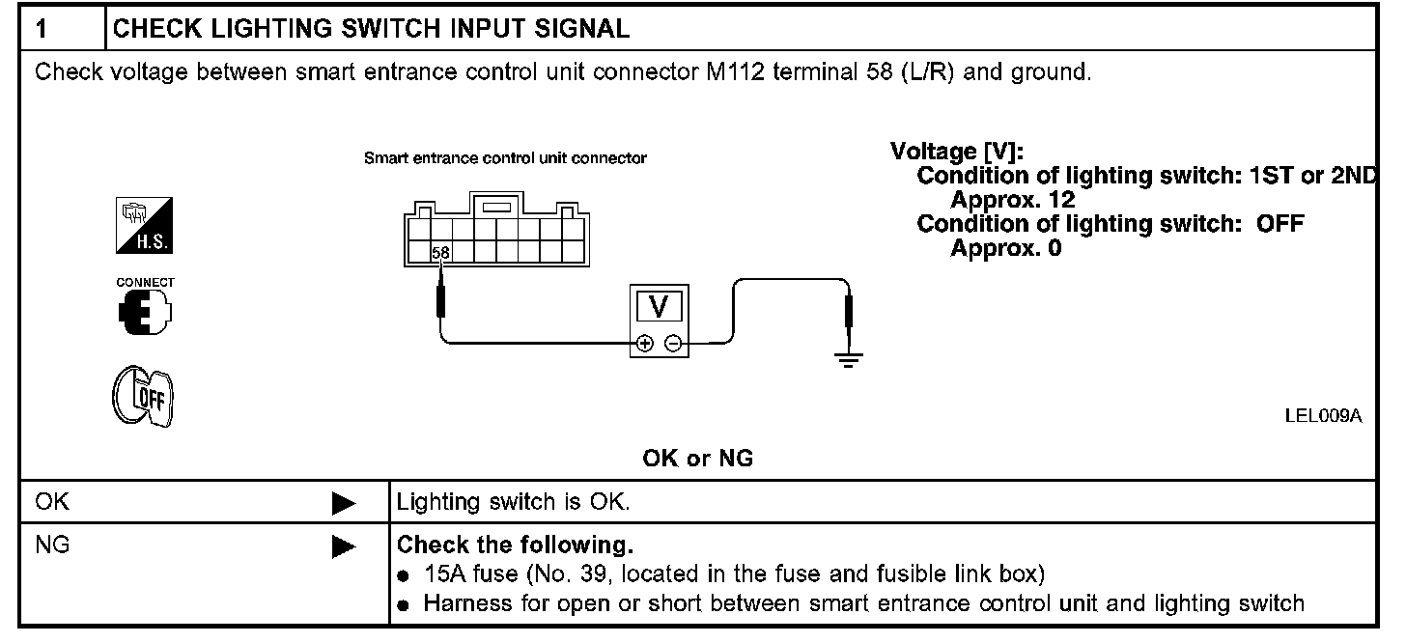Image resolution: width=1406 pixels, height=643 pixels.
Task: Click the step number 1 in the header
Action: click(42, 28)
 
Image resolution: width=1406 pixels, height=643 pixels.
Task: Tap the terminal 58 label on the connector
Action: click(440, 253)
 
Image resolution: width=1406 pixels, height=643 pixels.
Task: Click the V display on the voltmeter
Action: click(660, 307)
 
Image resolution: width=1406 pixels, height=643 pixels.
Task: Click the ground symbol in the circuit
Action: click(849, 360)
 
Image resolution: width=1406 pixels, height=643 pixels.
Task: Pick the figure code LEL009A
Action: click(1323, 416)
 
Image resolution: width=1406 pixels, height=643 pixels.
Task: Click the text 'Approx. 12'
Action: click(1013, 200)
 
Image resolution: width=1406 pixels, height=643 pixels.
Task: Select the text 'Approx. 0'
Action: click(1006, 248)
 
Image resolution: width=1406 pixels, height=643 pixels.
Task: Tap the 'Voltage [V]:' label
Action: click(957, 152)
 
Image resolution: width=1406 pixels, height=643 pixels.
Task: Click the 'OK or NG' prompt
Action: click(697, 460)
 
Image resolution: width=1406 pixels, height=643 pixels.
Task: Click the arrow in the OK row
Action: click(343, 503)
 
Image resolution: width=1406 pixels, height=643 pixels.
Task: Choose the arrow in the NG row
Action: click(343, 547)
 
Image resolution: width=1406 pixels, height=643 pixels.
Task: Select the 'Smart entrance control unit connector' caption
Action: click(505, 157)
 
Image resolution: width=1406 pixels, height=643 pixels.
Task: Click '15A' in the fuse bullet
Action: click(442, 574)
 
